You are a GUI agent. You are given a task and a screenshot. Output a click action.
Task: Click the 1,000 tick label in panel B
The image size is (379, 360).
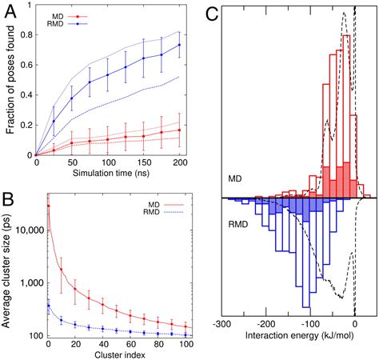point(33,282)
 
